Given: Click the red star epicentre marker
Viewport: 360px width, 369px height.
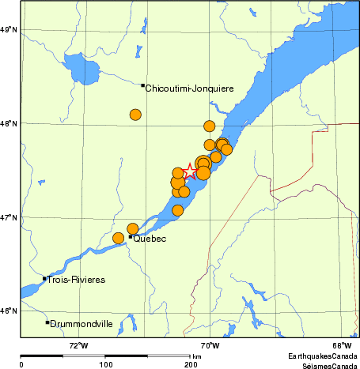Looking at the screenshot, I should pos(191,171).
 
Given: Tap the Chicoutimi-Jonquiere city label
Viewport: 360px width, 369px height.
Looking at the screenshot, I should pos(190,88).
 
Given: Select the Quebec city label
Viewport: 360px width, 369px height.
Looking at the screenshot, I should pos(150,239).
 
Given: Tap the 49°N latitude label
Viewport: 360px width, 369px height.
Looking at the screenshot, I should pos(9,30).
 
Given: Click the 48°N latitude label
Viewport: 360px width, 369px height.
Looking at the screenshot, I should pos(9,123).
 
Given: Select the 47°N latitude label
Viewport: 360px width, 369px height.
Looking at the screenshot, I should pos(9,217).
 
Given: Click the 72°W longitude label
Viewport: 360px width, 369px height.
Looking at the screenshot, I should pos(78,345).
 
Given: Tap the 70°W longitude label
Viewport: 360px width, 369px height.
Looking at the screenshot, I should pos(209,345).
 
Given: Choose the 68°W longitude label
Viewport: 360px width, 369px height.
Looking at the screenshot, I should pos(341,345).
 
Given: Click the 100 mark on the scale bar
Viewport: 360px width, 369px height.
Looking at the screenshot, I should pos(106,364).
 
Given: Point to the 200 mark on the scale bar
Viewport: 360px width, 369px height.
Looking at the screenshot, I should pos(190,364).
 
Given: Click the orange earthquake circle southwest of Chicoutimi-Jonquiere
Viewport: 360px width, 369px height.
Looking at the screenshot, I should pos(135,115).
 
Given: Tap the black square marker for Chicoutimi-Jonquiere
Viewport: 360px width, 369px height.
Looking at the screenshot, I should pos(142,85).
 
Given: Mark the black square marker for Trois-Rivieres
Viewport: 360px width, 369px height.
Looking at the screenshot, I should pos(44,278).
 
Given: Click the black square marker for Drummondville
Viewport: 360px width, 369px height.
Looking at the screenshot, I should pos(47,322).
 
